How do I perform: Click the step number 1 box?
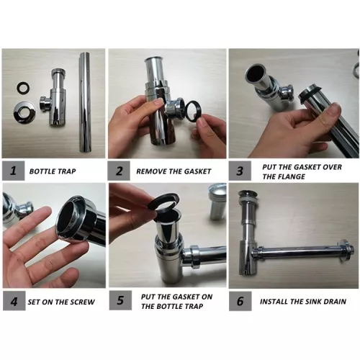coord(14,171)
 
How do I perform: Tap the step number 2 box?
coord(119,171)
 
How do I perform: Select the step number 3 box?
coord(240,171)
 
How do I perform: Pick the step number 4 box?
coord(14,301)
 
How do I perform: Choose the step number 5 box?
coord(120,300)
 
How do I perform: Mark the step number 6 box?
coord(240,301)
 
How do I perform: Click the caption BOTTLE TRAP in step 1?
coord(53,171)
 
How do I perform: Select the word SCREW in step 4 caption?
coord(82,302)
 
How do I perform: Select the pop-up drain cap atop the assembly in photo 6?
coord(247,194)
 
